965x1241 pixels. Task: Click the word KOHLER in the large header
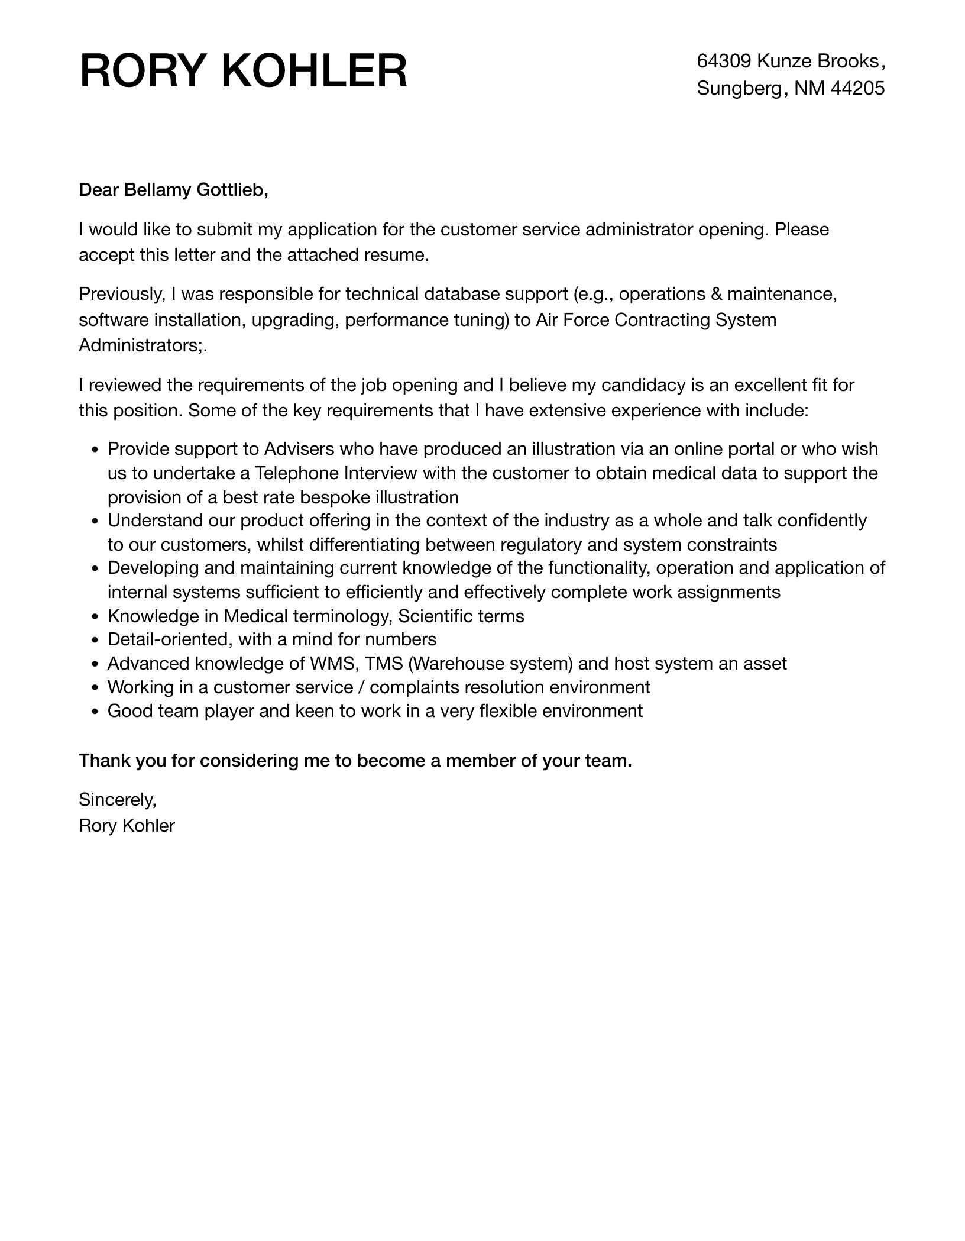(314, 72)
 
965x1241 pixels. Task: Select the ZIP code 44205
(857, 88)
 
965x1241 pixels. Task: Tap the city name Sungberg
(739, 88)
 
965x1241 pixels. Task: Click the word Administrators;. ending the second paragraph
(143, 345)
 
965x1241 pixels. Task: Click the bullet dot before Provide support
(95, 450)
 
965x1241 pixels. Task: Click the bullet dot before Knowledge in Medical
(95, 617)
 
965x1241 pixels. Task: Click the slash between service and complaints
(361, 687)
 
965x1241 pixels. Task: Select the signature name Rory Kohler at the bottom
(127, 826)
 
